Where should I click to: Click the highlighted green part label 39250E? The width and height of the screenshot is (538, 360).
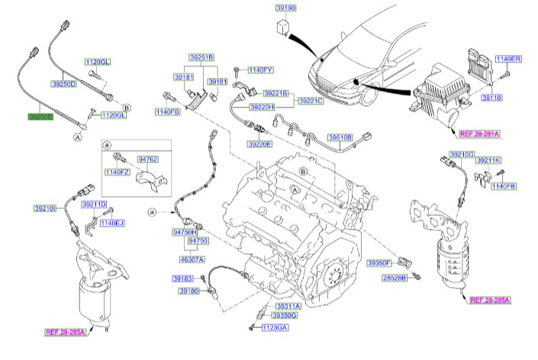40,117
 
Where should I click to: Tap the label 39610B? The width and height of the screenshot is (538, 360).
341,137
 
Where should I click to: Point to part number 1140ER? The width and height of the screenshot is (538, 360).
508,59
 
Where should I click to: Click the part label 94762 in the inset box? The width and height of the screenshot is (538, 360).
147,159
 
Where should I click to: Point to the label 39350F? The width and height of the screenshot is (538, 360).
379,262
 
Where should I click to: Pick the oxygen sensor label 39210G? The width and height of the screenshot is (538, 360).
462,155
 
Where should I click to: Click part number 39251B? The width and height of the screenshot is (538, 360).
202,57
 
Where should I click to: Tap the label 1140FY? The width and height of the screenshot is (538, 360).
259,69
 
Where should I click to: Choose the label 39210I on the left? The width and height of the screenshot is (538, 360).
45,207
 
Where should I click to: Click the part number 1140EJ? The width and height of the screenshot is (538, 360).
112,223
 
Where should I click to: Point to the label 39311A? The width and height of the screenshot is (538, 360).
288,306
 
